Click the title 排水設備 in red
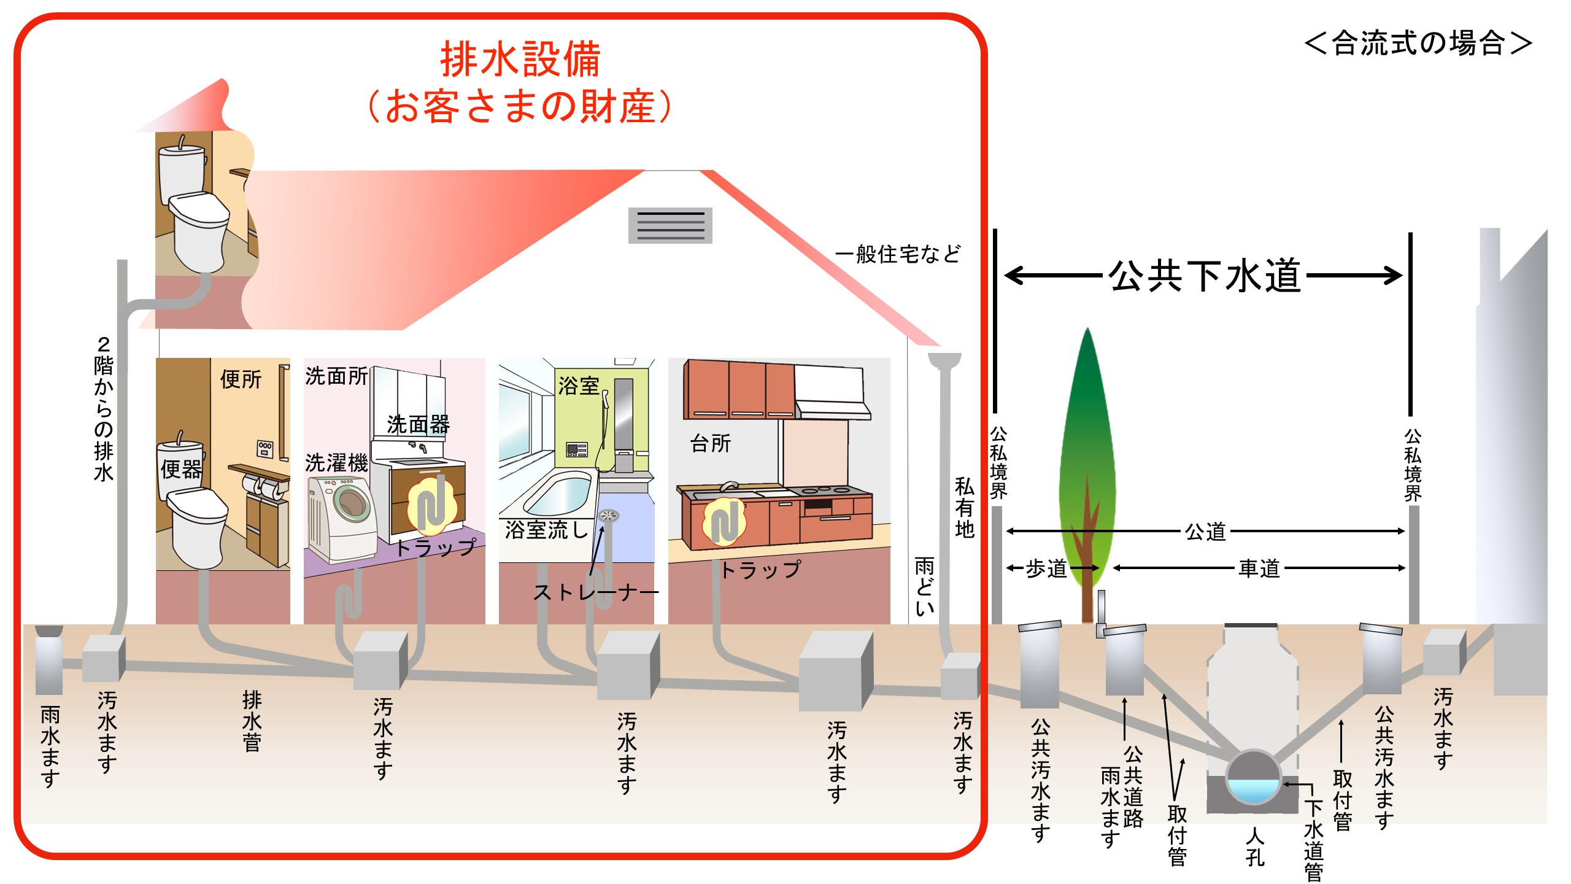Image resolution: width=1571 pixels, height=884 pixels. click(x=520, y=60)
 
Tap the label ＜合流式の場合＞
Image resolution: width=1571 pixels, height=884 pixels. click(x=1418, y=44)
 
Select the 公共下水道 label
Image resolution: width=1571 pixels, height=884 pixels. click(x=1205, y=275)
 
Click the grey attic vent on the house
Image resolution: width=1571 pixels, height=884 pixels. click(x=670, y=225)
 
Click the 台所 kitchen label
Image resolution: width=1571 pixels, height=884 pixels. click(x=710, y=443)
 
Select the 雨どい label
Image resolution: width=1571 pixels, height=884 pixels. click(x=925, y=586)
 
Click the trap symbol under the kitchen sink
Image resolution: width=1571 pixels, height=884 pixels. click(x=724, y=522)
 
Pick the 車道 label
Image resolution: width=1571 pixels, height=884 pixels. click(x=1259, y=568)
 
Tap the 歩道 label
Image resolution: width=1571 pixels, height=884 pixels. click(x=1046, y=568)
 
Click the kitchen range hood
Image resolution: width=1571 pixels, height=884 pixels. click(x=832, y=393)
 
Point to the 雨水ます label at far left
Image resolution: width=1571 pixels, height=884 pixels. click(x=50, y=746)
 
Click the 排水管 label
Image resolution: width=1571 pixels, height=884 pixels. click(x=252, y=721)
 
